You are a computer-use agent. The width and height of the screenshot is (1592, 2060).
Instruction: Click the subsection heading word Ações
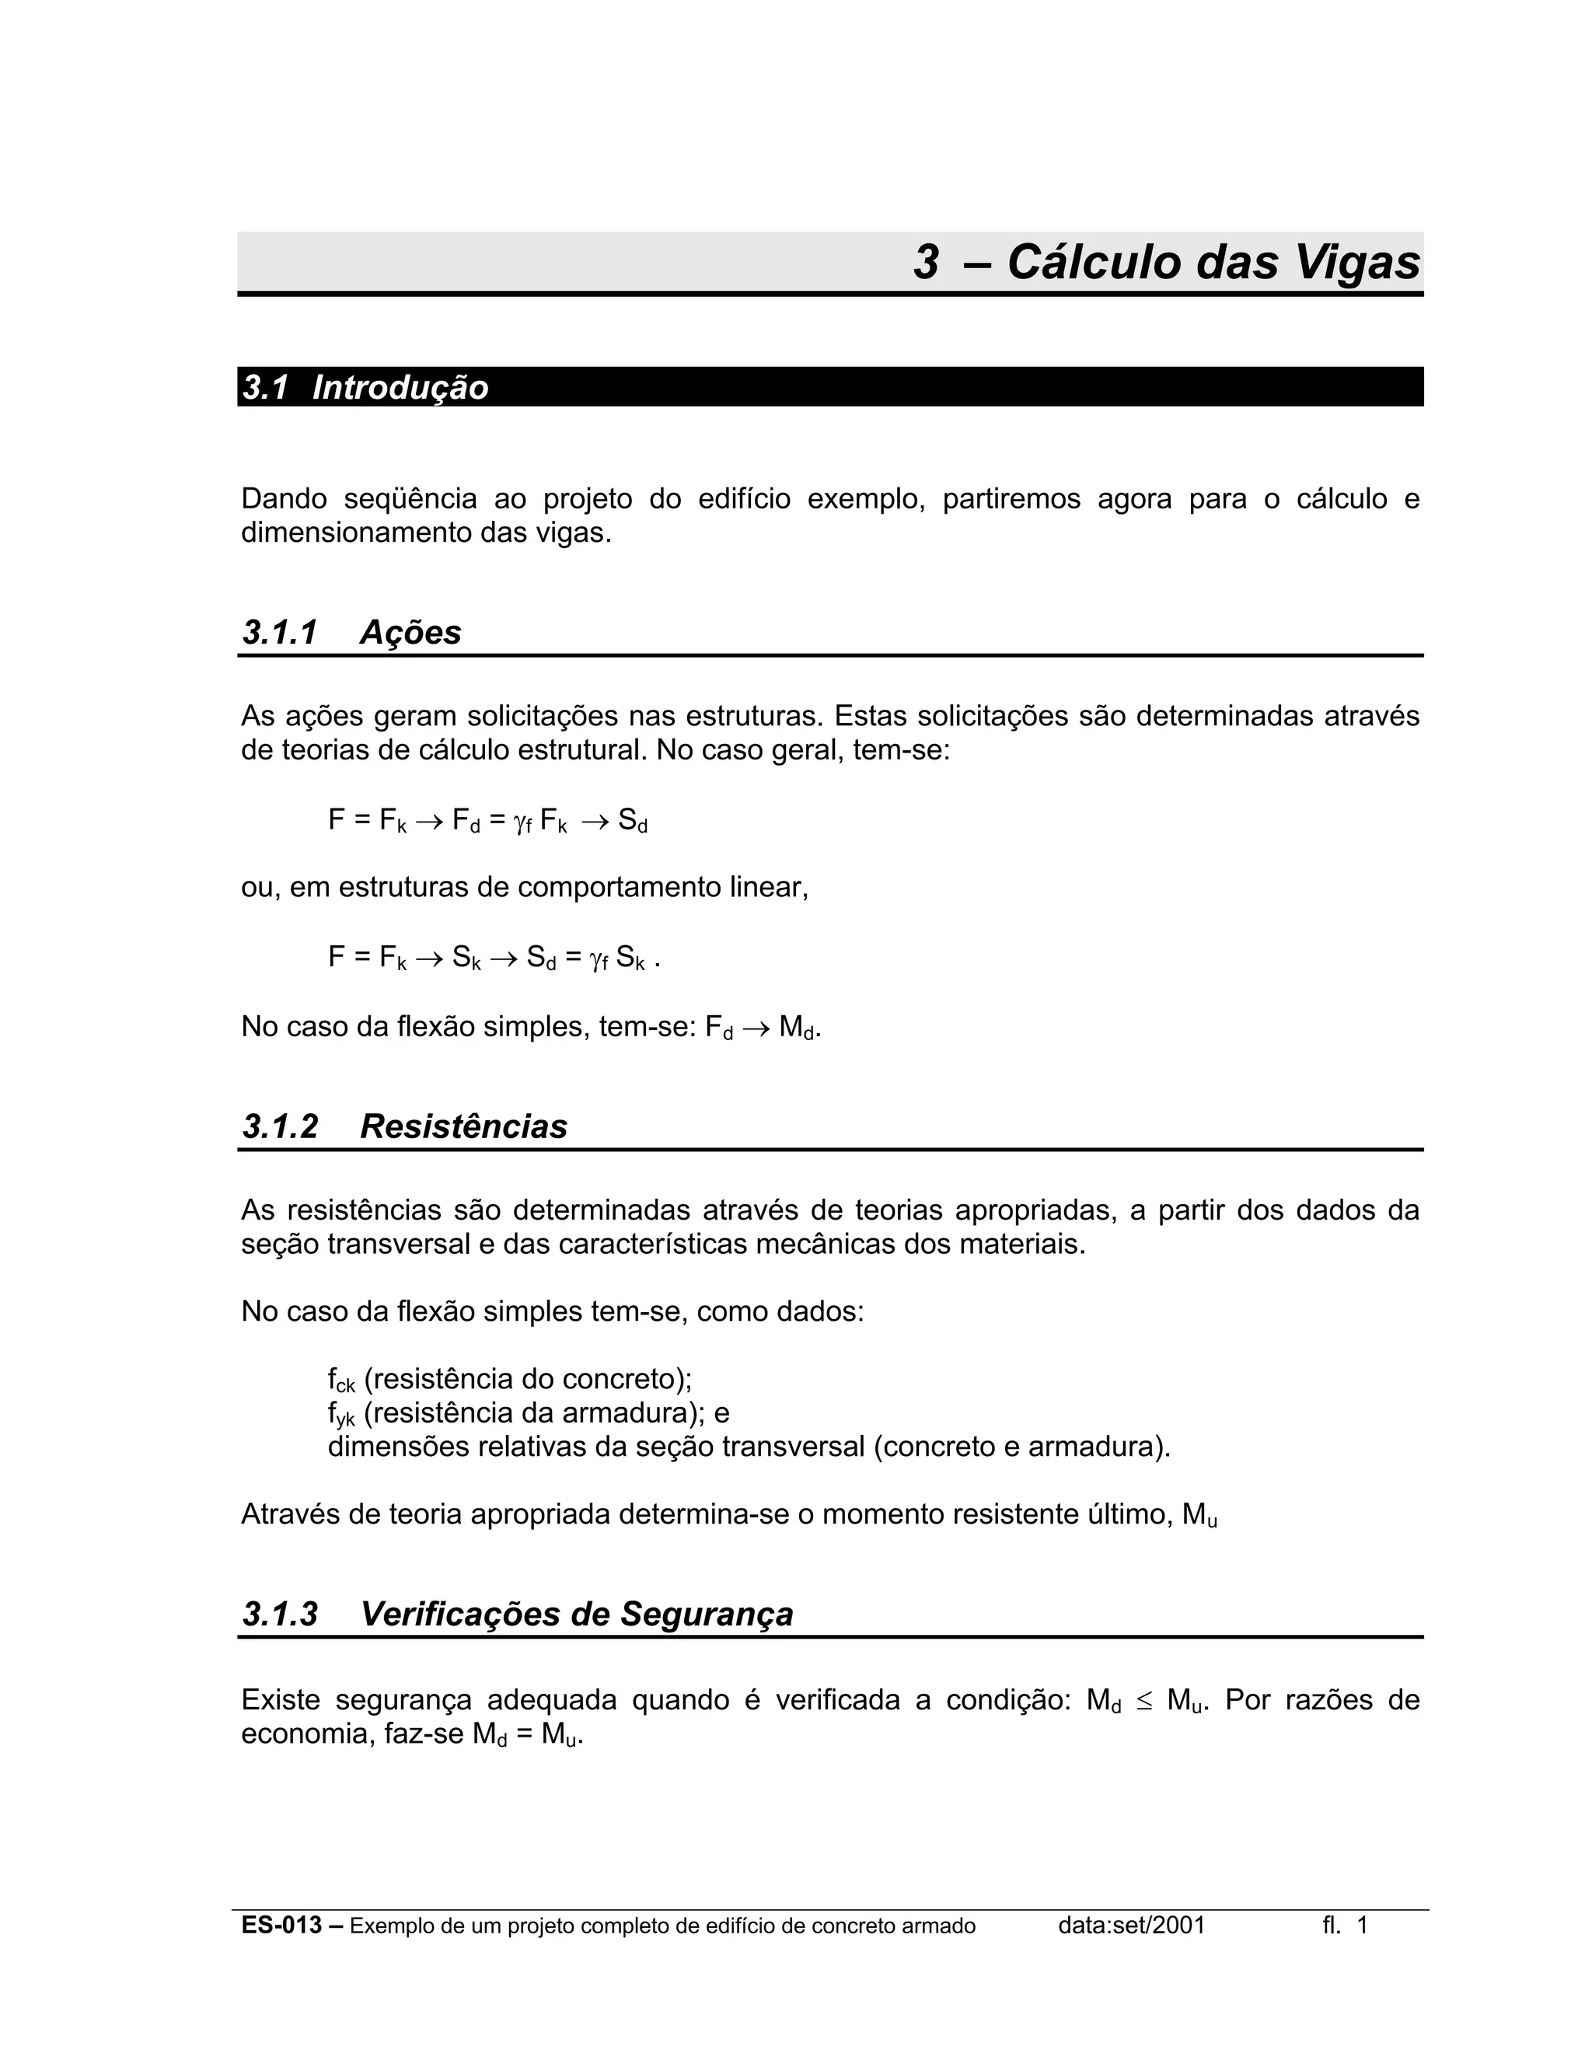[x=410, y=632]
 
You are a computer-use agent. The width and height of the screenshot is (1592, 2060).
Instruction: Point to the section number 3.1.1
[x=280, y=632]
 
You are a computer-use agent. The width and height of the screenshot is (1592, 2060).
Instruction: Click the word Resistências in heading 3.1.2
[x=463, y=1126]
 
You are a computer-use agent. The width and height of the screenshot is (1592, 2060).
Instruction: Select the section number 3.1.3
[x=280, y=1614]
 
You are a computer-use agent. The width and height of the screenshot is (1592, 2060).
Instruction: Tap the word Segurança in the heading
[x=707, y=1614]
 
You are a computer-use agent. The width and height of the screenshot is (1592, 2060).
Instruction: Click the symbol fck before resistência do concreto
[x=341, y=1381]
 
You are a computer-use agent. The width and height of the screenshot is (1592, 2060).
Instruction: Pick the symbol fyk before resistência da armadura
[x=341, y=1415]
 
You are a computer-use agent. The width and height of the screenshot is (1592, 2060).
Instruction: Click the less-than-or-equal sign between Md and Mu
[x=1144, y=1701]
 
